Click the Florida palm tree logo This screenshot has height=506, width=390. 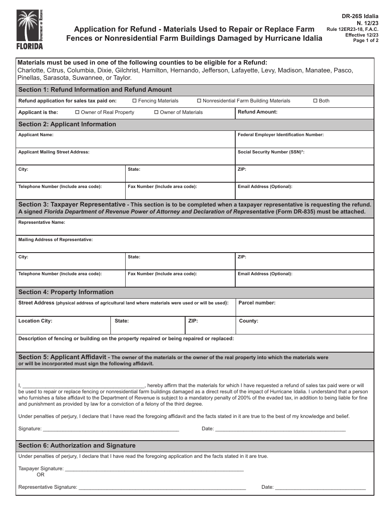point(29,29)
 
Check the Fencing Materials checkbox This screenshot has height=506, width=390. point(135,101)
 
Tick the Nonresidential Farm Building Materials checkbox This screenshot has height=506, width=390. point(199,101)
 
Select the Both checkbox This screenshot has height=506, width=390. point(315,101)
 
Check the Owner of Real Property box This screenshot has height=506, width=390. point(78,112)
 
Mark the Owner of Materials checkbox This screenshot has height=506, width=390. point(156,112)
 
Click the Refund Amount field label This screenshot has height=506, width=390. point(257,112)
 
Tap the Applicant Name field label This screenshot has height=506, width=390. point(36,135)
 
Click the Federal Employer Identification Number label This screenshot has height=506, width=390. point(280,135)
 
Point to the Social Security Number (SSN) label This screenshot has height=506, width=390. point(271,152)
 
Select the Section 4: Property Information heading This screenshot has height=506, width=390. point(66,292)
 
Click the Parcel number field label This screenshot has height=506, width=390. point(257,303)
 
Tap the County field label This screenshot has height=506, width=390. point(248,321)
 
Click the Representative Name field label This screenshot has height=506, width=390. point(41,222)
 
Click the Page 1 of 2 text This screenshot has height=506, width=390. point(366,40)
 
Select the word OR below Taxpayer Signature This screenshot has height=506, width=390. point(40,475)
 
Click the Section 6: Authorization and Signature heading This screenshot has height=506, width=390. point(77,446)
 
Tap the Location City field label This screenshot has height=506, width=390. point(35,321)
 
